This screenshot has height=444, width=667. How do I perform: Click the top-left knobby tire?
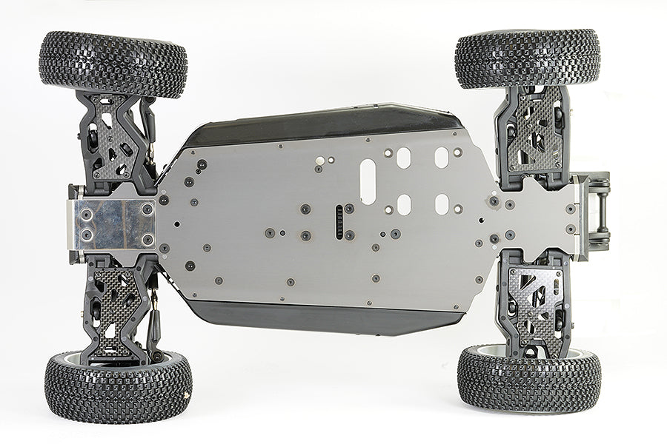(x=113, y=64)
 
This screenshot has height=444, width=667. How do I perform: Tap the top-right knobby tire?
(x=527, y=58)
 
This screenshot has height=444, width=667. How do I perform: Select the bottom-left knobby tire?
(x=118, y=386)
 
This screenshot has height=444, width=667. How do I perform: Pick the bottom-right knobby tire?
(x=528, y=377)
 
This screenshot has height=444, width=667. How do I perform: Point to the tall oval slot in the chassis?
(x=368, y=181)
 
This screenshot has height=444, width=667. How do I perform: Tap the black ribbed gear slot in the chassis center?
(x=340, y=221)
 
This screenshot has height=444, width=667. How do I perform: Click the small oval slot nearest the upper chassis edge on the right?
(x=441, y=157)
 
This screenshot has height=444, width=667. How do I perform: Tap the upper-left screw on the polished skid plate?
(x=87, y=213)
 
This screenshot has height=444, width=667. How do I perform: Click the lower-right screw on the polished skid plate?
(x=146, y=238)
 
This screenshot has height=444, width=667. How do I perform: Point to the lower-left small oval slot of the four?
(x=404, y=204)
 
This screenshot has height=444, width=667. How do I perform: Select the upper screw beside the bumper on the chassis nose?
(x=570, y=209)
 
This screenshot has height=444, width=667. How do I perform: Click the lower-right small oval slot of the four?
(x=442, y=204)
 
